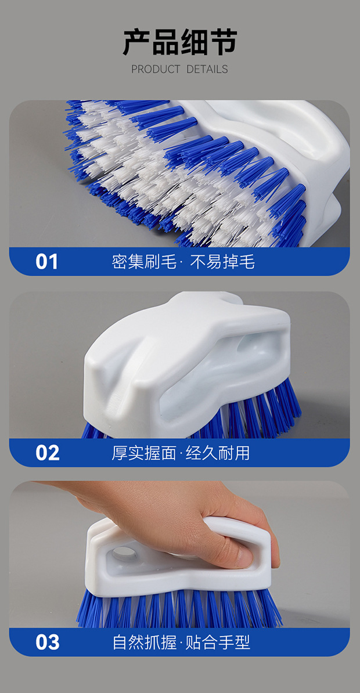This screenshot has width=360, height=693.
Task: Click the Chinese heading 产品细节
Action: tap(180, 42)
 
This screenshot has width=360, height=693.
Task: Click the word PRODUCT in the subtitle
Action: tap(156, 69)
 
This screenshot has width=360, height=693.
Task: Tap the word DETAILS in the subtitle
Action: tap(207, 69)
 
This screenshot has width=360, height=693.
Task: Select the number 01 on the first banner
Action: tap(47, 262)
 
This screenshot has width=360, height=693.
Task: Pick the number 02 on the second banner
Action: tap(47, 453)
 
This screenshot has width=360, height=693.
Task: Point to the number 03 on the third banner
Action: tap(47, 643)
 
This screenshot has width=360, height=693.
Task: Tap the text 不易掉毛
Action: tap(222, 262)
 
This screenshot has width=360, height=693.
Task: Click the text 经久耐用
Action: tap(218, 453)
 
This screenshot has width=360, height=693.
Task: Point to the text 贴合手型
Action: tap(218, 642)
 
